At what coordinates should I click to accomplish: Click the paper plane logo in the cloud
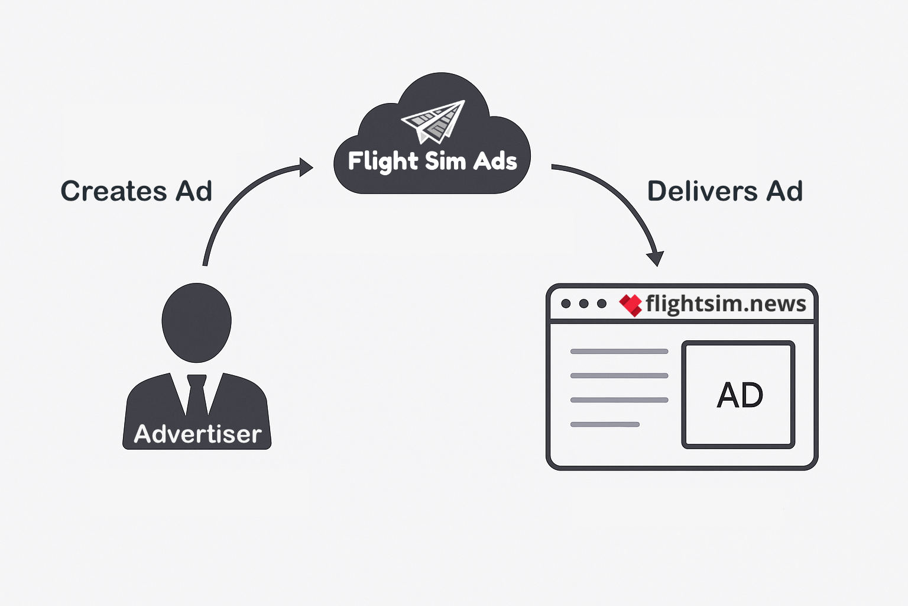coord(434,122)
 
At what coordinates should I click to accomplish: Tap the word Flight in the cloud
coord(383,162)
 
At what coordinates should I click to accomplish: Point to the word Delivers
coord(702,191)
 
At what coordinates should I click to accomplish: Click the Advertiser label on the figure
coord(197,434)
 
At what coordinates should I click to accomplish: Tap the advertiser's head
coord(196,322)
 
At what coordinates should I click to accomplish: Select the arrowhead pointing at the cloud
coord(306,167)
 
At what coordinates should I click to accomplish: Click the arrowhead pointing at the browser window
coord(656,259)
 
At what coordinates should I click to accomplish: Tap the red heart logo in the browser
coord(631,305)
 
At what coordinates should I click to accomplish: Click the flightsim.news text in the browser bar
coord(726,304)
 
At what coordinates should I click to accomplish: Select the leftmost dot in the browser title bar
coord(566,304)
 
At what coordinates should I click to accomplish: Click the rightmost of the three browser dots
coord(602,304)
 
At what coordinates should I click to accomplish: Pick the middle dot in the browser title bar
coord(584,304)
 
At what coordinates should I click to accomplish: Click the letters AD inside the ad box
coord(740,395)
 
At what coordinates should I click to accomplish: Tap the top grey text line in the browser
coord(619,352)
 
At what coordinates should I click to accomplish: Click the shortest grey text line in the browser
coord(605,424)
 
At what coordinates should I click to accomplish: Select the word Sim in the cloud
coord(445,161)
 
